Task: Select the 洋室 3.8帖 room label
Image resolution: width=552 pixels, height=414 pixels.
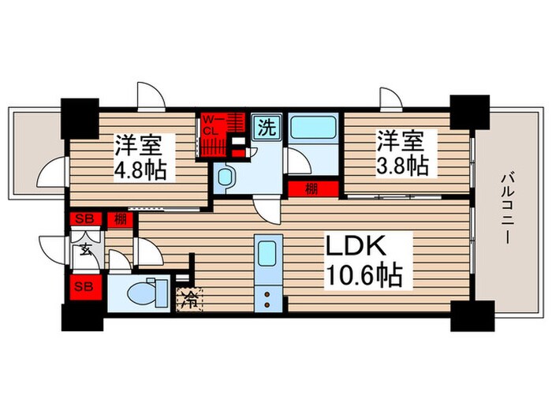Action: point(402,154)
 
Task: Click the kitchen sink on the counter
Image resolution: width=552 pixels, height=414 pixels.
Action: point(266,254)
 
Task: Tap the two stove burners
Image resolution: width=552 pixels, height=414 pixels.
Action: point(266,298)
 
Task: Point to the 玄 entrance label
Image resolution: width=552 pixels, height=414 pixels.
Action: point(83,252)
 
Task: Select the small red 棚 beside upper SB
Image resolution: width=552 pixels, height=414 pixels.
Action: point(119,219)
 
